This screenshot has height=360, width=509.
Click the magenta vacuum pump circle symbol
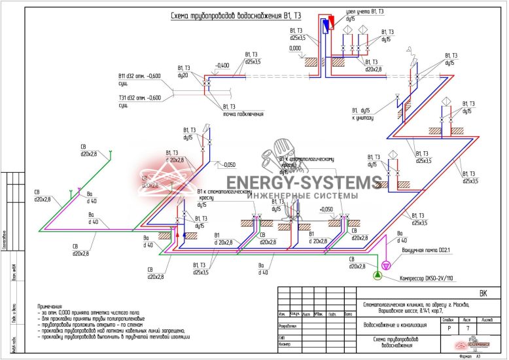[386, 264]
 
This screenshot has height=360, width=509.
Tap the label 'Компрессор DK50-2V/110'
[426, 278]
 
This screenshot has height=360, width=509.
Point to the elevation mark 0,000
[294, 48]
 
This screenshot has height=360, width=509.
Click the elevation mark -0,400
[222, 65]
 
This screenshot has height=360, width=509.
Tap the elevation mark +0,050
[326, 209]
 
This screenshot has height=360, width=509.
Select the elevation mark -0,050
[228, 164]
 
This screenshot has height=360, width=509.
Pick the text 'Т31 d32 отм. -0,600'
[139, 98]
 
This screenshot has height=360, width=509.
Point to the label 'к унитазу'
[362, 118]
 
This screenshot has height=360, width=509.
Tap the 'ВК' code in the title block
[483, 293]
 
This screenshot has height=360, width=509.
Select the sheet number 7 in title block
[467, 327]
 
